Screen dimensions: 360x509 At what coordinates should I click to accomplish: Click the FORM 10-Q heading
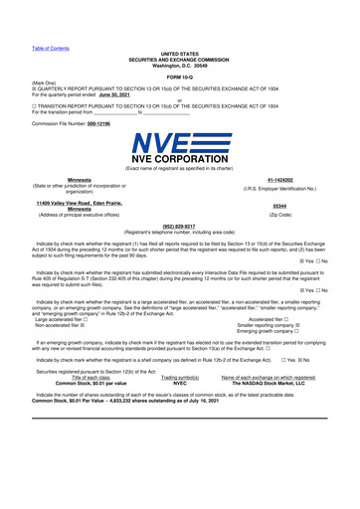[179, 76]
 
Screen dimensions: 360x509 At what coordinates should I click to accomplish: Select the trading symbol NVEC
[179, 410]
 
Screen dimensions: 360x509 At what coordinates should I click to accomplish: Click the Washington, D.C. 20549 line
[179, 65]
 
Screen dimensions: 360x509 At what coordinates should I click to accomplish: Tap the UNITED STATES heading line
[179, 54]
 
